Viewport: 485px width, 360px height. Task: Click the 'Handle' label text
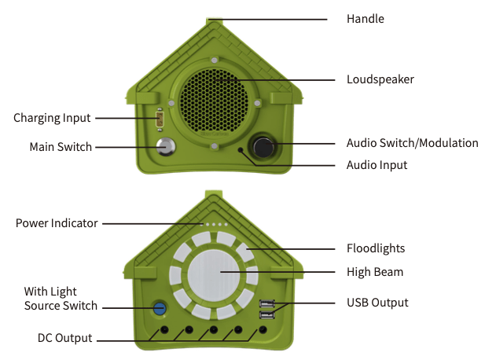coord(366,19)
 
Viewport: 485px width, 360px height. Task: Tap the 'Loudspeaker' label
coord(380,79)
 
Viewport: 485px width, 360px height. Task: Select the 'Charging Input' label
coord(52,118)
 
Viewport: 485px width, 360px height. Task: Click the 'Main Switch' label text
coord(61,147)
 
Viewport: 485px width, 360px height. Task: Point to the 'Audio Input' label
coord(377,165)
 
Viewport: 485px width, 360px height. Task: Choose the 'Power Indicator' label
coord(57,223)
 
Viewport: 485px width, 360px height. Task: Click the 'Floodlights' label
coord(376,248)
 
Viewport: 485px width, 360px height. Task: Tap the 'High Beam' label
coord(375,272)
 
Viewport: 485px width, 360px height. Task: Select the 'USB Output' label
coord(377,303)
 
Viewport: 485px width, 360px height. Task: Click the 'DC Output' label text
coord(65,338)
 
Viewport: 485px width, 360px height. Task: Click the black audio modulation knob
coord(263,147)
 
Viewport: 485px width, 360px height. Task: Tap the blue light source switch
coord(160,308)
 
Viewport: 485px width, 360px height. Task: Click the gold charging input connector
coord(160,119)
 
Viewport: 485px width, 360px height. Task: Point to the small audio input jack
coord(241,150)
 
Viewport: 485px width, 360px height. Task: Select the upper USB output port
coord(267,303)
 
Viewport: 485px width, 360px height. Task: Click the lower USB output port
coord(267,315)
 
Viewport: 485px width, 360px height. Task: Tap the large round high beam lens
coord(214,276)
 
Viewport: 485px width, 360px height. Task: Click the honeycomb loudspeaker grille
coord(214,100)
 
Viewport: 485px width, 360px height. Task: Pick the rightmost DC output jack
coord(263,329)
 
